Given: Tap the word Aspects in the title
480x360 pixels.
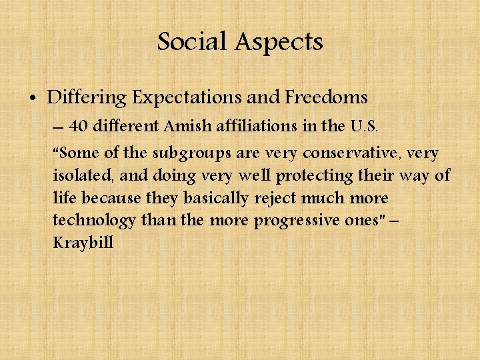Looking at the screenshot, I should tap(279, 43).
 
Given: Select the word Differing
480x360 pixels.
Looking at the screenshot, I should tap(86, 98).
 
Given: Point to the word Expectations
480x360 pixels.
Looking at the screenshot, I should tap(187, 98).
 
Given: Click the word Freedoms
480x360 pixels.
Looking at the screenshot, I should tap(326, 98).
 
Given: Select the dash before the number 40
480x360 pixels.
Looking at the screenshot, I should tap(58, 127).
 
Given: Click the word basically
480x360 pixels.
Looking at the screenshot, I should tap(210, 198).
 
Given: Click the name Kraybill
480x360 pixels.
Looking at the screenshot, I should tap(83, 243).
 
